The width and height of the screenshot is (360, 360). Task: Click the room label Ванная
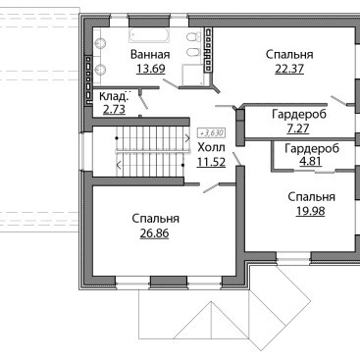pyautogui.click(x=150, y=54)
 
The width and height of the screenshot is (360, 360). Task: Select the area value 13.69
pyautogui.click(x=151, y=69)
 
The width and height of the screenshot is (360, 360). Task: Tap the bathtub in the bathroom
pyautogui.click(x=149, y=35)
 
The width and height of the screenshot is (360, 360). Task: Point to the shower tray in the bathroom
pyautogui.click(x=193, y=75)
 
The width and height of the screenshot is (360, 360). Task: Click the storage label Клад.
pyautogui.click(x=113, y=96)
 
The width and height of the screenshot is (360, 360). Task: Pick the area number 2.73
pyautogui.click(x=114, y=109)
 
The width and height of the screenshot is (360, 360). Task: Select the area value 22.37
pyautogui.click(x=289, y=69)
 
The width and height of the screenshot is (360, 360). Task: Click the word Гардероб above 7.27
pyautogui.click(x=299, y=115)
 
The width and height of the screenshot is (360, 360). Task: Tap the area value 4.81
pyautogui.click(x=307, y=161)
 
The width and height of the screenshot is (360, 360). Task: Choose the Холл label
pyautogui.click(x=211, y=148)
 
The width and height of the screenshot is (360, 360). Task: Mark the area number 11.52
pyautogui.click(x=211, y=162)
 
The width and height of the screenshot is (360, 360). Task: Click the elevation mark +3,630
pyautogui.click(x=212, y=133)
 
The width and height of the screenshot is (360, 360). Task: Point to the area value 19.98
pyautogui.click(x=311, y=211)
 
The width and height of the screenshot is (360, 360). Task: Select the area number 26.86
pyautogui.click(x=154, y=233)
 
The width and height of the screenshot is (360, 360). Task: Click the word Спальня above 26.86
pyautogui.click(x=156, y=219)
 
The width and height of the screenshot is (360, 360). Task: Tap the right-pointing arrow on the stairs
pyautogui.click(x=187, y=138)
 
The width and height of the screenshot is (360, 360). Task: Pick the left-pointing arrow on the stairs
pyautogui.click(x=119, y=166)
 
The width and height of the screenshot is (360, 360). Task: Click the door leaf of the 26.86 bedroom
pyautogui.click(x=211, y=188)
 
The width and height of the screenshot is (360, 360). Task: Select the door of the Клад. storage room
pyautogui.click(x=143, y=100)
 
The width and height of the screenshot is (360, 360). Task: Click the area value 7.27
pyautogui.click(x=297, y=129)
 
